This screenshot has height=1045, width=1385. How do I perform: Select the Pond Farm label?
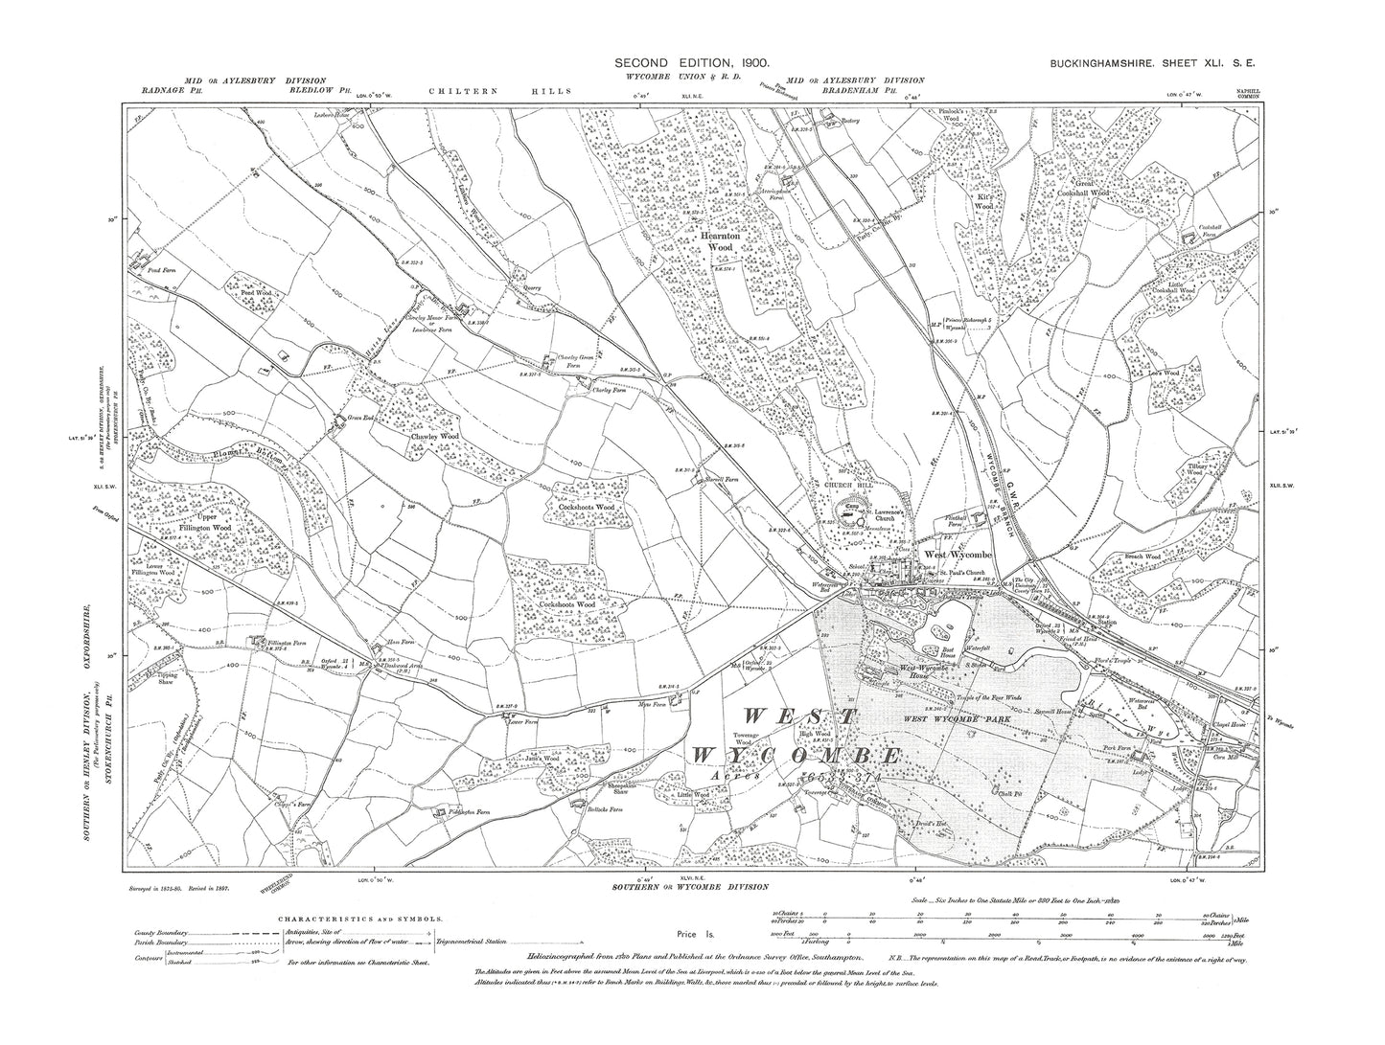[x=149, y=271]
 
